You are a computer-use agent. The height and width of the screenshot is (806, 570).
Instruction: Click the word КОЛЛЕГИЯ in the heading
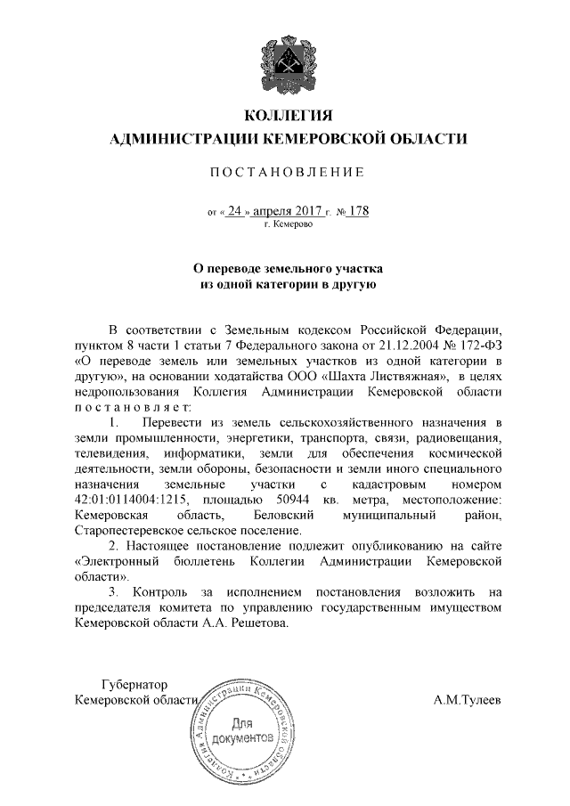(x=287, y=116)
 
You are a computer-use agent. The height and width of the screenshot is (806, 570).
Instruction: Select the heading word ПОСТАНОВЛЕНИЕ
(x=287, y=171)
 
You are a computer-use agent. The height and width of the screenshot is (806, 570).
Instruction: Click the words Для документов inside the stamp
(x=243, y=731)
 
